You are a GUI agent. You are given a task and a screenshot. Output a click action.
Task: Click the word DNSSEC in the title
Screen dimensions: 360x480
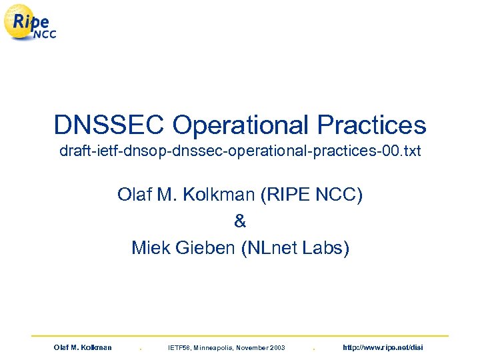coord(109,125)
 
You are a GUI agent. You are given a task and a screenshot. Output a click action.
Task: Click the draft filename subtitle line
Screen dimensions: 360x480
coord(240,152)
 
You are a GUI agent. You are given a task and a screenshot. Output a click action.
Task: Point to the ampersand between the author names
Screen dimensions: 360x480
coord(240,221)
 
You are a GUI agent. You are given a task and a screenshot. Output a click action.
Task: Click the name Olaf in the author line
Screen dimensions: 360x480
coord(135,195)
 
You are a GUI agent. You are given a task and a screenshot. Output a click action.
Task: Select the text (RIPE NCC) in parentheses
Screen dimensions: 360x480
coord(311,195)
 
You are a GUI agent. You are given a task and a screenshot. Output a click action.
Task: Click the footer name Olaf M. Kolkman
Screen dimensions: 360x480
coord(83,348)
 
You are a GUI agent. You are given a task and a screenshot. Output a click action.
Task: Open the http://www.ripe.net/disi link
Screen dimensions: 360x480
coord(382,348)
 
